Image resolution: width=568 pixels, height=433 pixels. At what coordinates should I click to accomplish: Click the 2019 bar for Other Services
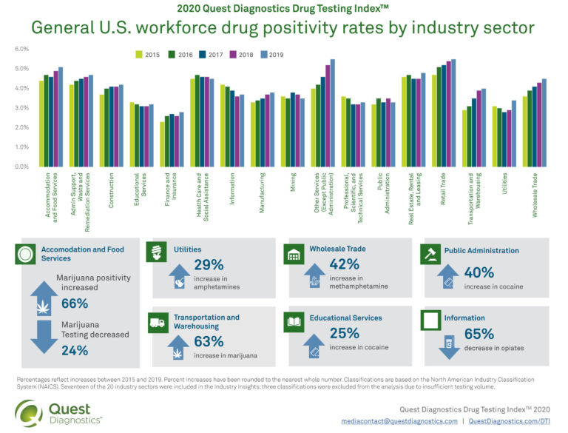332,113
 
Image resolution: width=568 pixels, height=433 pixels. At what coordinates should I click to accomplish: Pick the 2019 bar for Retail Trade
453,113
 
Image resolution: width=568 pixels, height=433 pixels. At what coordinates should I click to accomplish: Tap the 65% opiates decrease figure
479,333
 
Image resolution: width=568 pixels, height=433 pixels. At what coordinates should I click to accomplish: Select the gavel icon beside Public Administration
430,253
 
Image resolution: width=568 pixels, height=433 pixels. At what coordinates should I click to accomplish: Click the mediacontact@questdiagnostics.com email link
400,420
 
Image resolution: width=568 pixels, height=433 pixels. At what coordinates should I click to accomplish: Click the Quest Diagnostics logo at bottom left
59,412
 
